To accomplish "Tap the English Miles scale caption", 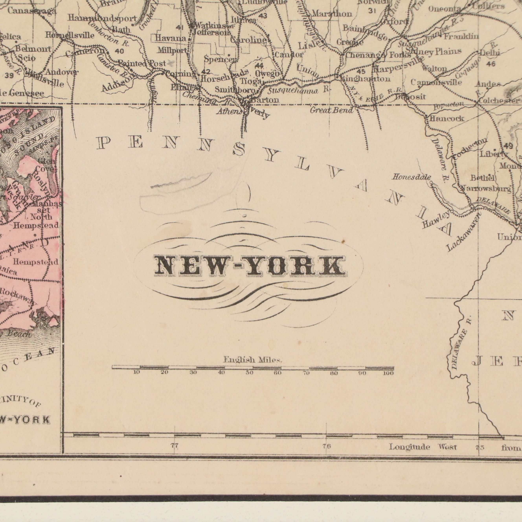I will point(253,360).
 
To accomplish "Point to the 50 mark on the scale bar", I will point(249,373).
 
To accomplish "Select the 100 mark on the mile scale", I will point(388,373).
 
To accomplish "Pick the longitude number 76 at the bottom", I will point(326,446).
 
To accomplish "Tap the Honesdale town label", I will point(411,177).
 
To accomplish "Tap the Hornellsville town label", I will point(70,35).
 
